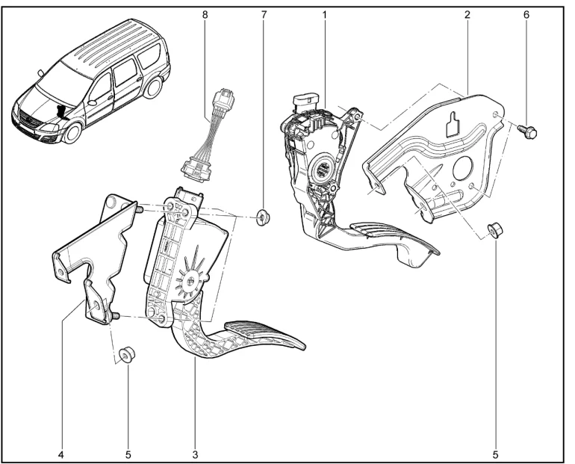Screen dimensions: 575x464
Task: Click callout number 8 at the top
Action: tap(205, 15)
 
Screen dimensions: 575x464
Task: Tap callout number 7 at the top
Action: tap(264, 15)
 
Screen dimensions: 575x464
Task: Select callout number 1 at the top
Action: tap(324, 15)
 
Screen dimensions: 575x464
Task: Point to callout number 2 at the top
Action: tap(467, 15)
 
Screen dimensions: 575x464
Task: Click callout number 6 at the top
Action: tap(526, 15)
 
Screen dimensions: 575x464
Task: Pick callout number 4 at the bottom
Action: tap(61, 455)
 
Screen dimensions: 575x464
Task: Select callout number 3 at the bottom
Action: tap(195, 455)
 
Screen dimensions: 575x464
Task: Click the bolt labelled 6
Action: tap(527, 131)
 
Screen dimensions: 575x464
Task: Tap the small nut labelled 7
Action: tap(263, 217)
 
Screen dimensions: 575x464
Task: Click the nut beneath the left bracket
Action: tap(127, 355)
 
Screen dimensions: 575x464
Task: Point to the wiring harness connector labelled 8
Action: tap(209, 136)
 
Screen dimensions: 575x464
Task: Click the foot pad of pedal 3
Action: tap(264, 335)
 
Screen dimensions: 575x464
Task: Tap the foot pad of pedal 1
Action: tap(394, 237)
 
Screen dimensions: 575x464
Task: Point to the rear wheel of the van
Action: tap(153, 87)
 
